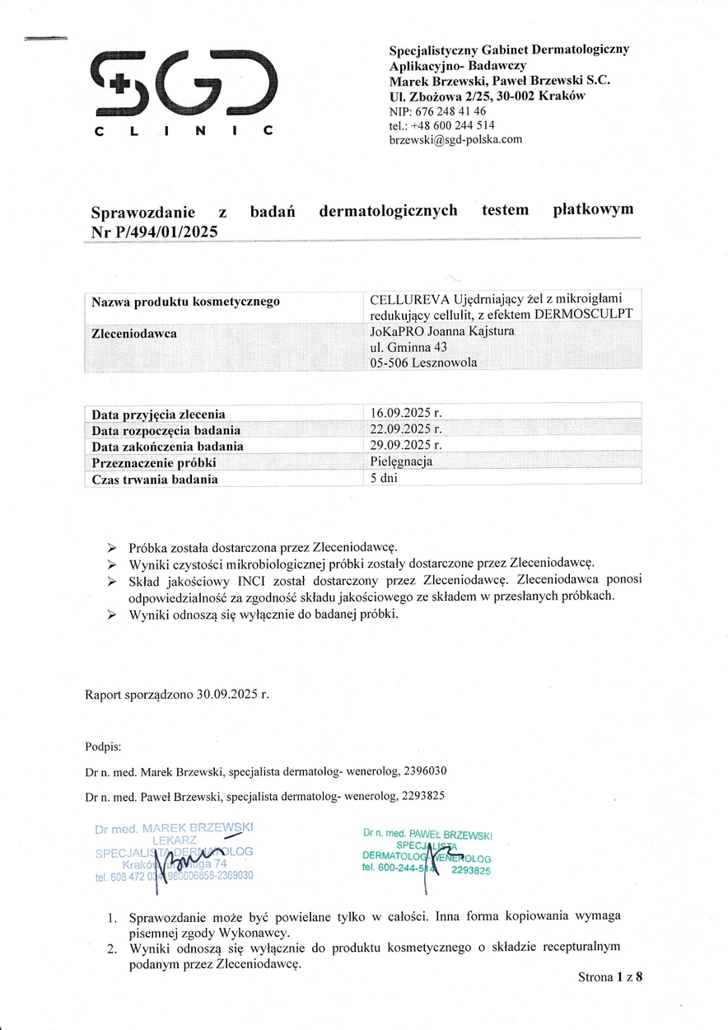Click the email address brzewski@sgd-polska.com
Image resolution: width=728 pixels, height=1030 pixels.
tap(455, 140)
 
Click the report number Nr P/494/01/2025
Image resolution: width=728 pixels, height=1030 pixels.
tap(155, 232)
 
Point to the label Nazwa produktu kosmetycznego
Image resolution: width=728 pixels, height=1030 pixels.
tap(185, 302)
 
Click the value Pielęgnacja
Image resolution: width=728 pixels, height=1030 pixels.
tap(402, 461)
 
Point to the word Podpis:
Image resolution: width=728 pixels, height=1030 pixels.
tap(103, 747)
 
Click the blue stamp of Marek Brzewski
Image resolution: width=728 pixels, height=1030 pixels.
tap(175, 852)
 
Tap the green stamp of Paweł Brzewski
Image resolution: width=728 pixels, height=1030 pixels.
tap(427, 852)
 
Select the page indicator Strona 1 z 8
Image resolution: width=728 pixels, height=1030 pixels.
tap(609, 978)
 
